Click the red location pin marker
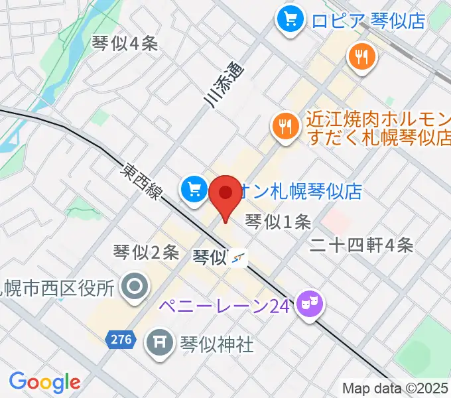click(225, 194)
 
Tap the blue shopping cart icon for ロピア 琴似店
click(290, 19)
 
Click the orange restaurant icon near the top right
click(361, 58)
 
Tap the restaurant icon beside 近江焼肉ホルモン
click(286, 124)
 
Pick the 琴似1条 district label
click(278, 222)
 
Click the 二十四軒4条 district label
click(362, 245)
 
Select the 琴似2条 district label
click(146, 252)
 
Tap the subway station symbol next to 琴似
click(239, 258)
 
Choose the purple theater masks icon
click(310, 304)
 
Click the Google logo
click(44, 382)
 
